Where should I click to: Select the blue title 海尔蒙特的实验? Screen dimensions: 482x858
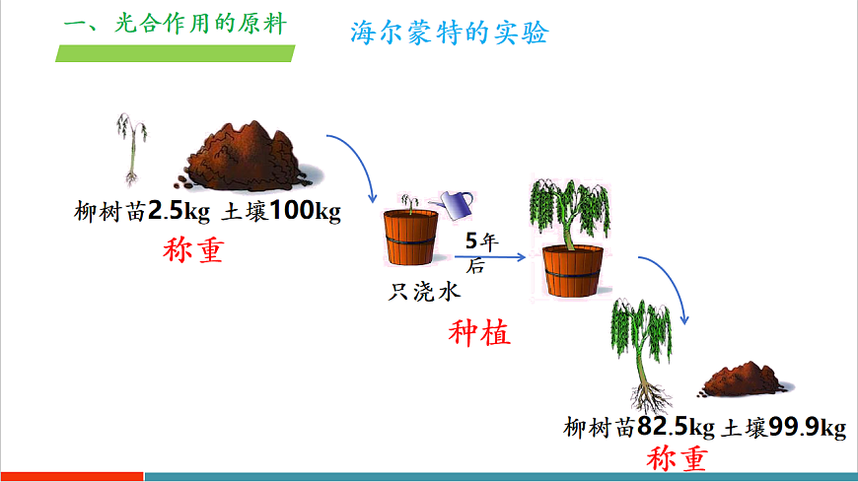click(x=449, y=33)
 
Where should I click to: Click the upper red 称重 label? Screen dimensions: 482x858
click(x=194, y=250)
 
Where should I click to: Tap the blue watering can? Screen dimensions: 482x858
click(x=457, y=205)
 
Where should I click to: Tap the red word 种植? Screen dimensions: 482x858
click(x=480, y=333)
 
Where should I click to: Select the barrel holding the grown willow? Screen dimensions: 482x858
click(x=572, y=271)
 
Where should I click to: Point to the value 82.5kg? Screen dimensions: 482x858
click(x=677, y=428)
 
